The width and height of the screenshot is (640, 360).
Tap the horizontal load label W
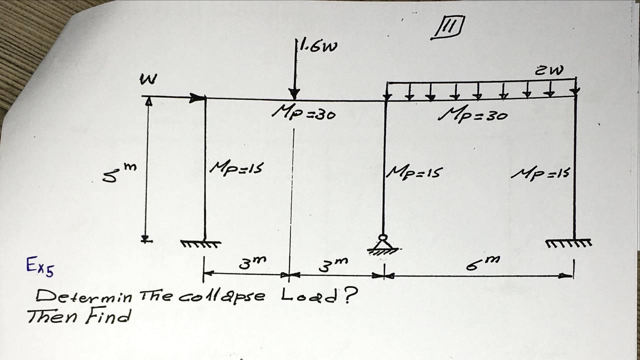point(148,79)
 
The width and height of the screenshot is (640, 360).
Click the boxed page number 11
point(448,27)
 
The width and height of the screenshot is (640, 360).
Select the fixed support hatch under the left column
point(200,244)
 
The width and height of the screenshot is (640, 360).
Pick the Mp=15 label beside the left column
point(236,168)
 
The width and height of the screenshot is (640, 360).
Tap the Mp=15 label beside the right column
point(541,173)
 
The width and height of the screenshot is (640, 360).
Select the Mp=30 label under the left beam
point(303,113)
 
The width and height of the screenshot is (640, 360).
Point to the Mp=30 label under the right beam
point(472,115)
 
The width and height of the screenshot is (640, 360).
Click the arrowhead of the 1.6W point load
point(294,93)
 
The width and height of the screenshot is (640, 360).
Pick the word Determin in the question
point(83,296)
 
